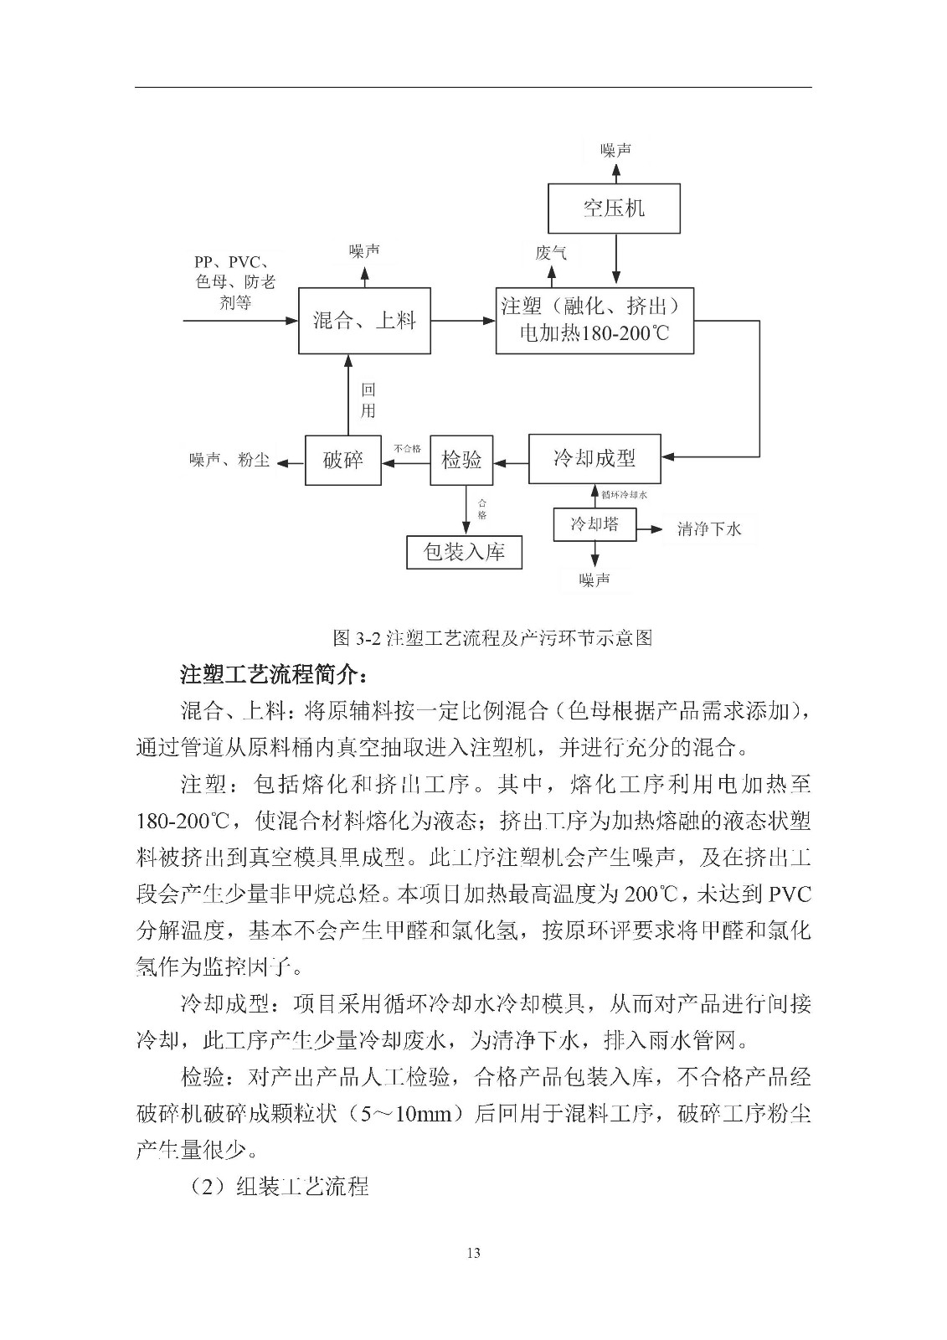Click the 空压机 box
point(614,208)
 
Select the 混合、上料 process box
point(364,321)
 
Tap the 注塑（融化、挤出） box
point(594,321)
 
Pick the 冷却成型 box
point(594,458)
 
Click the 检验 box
point(461,459)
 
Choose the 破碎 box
point(343,460)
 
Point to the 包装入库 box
point(464,552)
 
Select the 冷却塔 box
point(594,525)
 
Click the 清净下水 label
point(709,529)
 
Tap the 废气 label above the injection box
point(550,252)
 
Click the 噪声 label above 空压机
point(615,150)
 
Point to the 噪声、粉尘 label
point(229,460)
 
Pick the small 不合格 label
point(407,449)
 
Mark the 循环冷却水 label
point(625,495)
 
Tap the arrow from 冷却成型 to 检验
point(511,460)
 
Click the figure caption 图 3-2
point(492,638)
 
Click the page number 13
point(473,1253)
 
